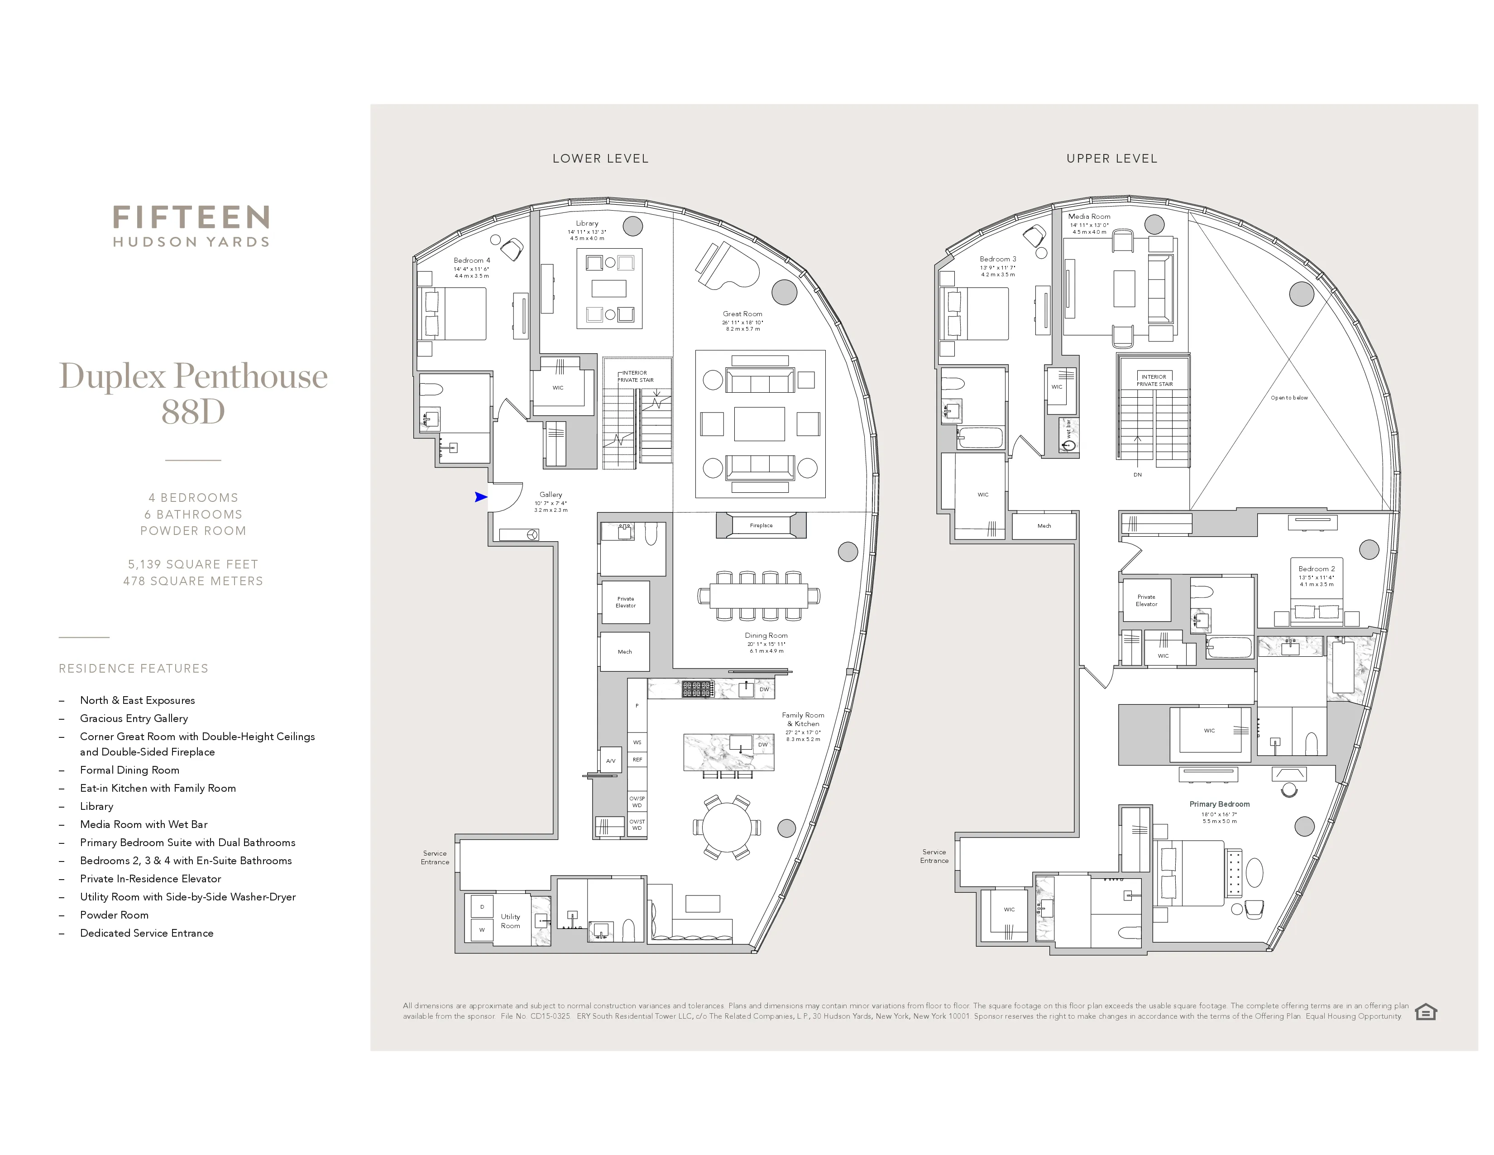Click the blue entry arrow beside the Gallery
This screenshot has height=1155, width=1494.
481,497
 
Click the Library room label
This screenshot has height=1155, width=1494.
587,223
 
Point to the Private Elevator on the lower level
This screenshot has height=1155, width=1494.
625,602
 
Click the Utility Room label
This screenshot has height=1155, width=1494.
510,921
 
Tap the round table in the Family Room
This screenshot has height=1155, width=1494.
727,827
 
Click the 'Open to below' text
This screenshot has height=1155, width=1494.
1289,398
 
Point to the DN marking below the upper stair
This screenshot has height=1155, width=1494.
1138,474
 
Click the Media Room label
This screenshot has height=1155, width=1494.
1089,216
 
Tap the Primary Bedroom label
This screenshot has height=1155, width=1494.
1219,804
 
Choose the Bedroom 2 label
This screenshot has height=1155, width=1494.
1316,568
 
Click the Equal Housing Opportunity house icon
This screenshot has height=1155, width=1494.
1426,1011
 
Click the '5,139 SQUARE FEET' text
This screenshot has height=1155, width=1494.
193,564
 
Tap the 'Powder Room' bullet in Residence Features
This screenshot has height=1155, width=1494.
114,915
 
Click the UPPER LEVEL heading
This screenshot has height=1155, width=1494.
1111,159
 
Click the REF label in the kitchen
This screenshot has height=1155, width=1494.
637,760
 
